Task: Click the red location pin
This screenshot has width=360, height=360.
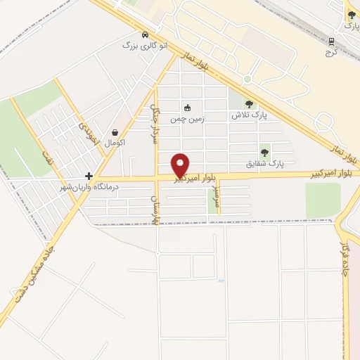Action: click(x=181, y=165)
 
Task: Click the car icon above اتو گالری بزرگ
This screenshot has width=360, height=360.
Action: click(x=145, y=34)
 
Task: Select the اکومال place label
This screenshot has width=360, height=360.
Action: click(x=114, y=143)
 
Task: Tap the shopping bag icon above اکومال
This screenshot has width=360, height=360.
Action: click(x=115, y=131)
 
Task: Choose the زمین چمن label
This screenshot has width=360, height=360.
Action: click(x=188, y=119)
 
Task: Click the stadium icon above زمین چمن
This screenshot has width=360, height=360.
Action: click(x=187, y=108)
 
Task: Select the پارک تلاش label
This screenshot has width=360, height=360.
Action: click(x=250, y=115)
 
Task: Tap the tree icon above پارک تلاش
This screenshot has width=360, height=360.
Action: click(x=249, y=104)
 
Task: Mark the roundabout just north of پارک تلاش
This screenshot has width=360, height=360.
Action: click(x=247, y=79)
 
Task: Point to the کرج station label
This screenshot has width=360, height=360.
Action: click(x=331, y=51)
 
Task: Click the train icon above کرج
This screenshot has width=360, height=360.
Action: click(x=330, y=41)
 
